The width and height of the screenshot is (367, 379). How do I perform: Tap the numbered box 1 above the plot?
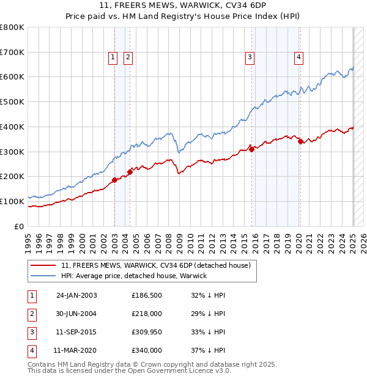click(x=114, y=57)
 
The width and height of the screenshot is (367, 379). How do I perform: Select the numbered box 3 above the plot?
click(x=250, y=57)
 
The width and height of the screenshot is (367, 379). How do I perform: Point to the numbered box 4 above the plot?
click(x=298, y=57)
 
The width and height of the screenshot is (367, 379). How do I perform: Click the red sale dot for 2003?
click(x=114, y=180)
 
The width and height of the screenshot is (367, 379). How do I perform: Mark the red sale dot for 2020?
click(x=300, y=142)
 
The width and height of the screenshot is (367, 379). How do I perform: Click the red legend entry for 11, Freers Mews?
click(x=156, y=266)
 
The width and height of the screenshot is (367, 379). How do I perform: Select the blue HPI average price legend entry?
click(x=134, y=276)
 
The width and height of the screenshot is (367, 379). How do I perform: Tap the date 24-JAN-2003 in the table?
click(x=76, y=296)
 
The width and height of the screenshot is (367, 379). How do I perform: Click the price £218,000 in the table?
click(x=147, y=314)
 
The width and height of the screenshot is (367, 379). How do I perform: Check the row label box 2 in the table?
click(x=32, y=314)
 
